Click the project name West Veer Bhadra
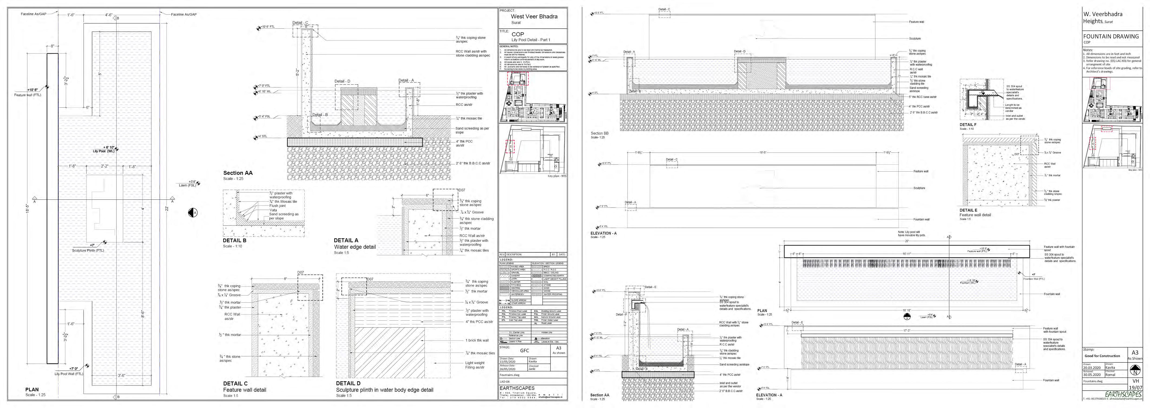click(x=534, y=17)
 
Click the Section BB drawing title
click(x=600, y=133)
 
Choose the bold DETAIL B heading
click(x=234, y=240)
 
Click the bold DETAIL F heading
click(x=968, y=125)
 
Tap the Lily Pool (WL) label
click(x=104, y=151)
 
